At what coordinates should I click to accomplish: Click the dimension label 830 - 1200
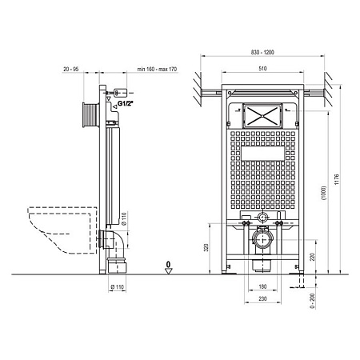[262, 52]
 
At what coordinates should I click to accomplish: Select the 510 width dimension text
[262, 69]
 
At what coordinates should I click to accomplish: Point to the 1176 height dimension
[337, 179]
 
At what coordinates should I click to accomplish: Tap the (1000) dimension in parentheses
[323, 193]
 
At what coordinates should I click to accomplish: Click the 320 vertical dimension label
[206, 247]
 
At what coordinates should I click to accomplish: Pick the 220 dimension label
[312, 257]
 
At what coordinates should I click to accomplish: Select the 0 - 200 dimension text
[312, 301]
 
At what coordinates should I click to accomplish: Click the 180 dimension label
[262, 286]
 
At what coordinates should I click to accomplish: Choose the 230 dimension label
[262, 298]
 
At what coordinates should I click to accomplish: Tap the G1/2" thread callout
[126, 104]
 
